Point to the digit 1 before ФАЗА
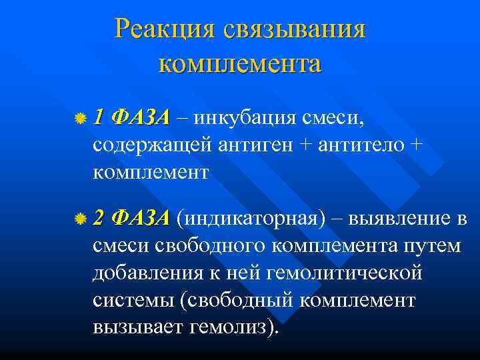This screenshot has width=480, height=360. (99, 118)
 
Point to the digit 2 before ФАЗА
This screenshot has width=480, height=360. (99, 218)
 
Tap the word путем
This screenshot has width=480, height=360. (432, 246)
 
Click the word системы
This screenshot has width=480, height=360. (133, 301)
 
